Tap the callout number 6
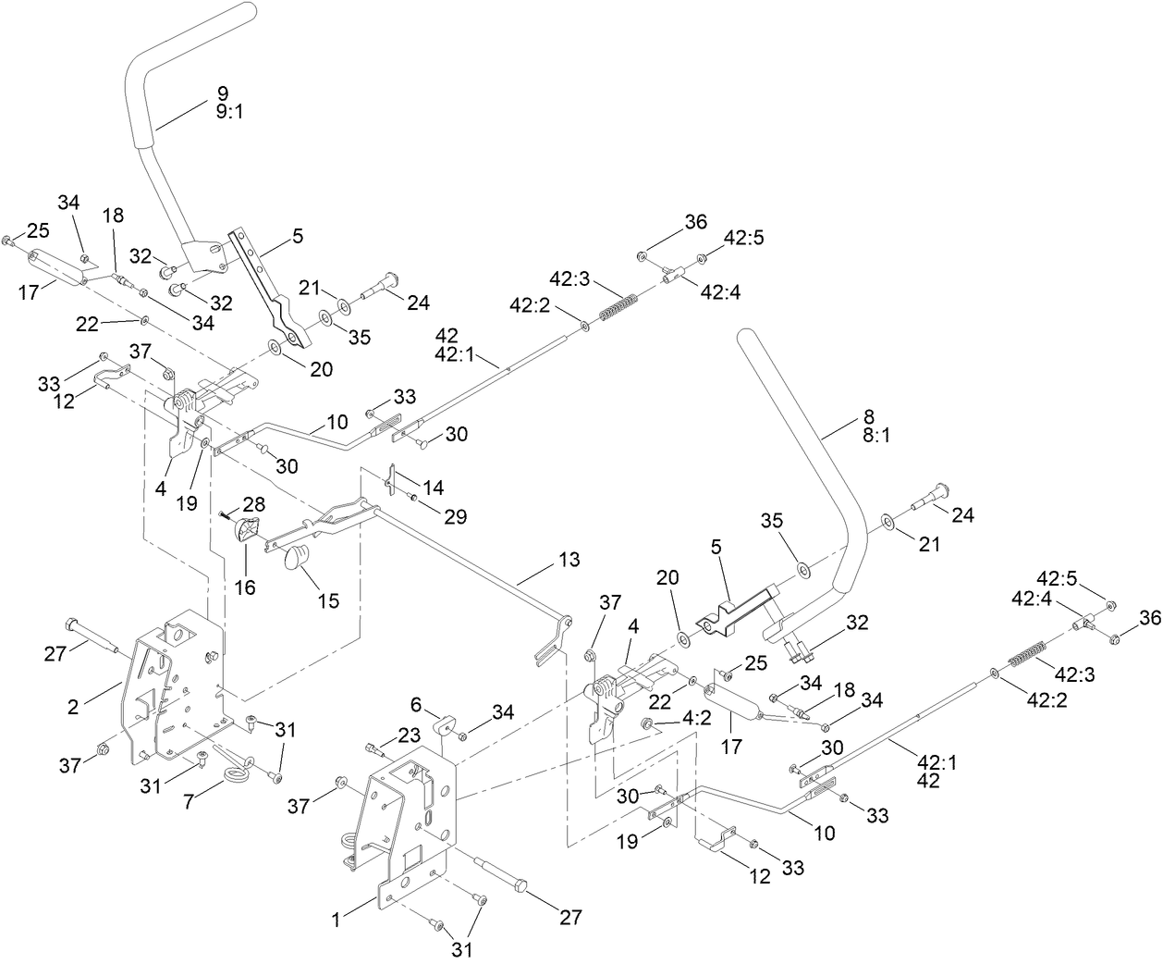pos(417,705)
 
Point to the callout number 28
pos(253,503)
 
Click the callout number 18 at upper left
pos(112,216)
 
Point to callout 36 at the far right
pos(1149,617)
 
